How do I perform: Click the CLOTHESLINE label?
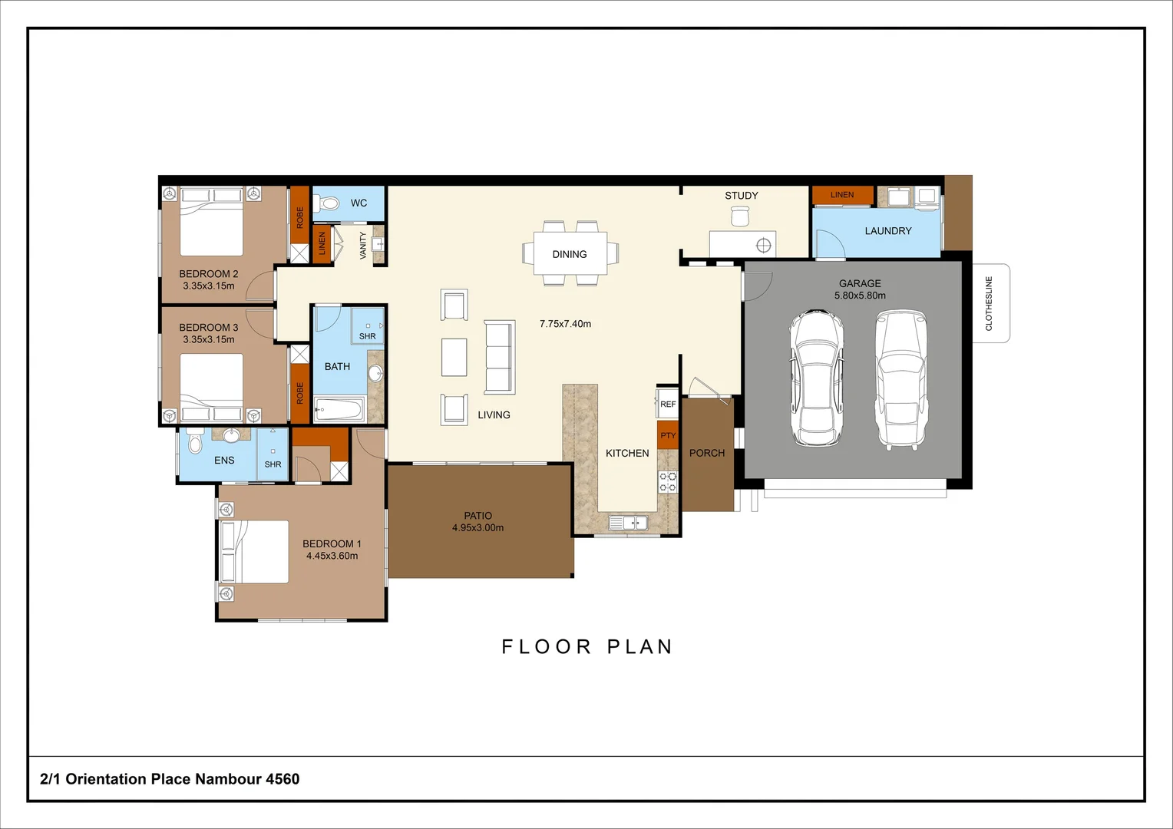(x=989, y=303)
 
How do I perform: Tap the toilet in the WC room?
(x=329, y=203)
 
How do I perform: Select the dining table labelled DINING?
(x=570, y=253)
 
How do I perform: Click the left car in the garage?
(x=817, y=378)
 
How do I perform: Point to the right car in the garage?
(x=901, y=378)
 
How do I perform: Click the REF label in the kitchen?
(x=668, y=404)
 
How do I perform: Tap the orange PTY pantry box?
(x=668, y=435)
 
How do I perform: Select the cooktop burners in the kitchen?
(x=668, y=482)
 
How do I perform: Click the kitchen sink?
(x=628, y=523)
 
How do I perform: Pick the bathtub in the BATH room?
(x=339, y=410)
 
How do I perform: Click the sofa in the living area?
(x=499, y=358)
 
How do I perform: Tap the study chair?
(x=739, y=217)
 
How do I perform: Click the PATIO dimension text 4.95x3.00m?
(x=477, y=528)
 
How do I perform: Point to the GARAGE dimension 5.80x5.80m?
(x=860, y=296)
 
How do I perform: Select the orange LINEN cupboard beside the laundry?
(x=842, y=195)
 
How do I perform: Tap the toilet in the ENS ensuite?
(x=195, y=444)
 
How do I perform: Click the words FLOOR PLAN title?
(x=586, y=647)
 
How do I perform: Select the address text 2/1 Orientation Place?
(x=170, y=779)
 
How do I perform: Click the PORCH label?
(x=707, y=453)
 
